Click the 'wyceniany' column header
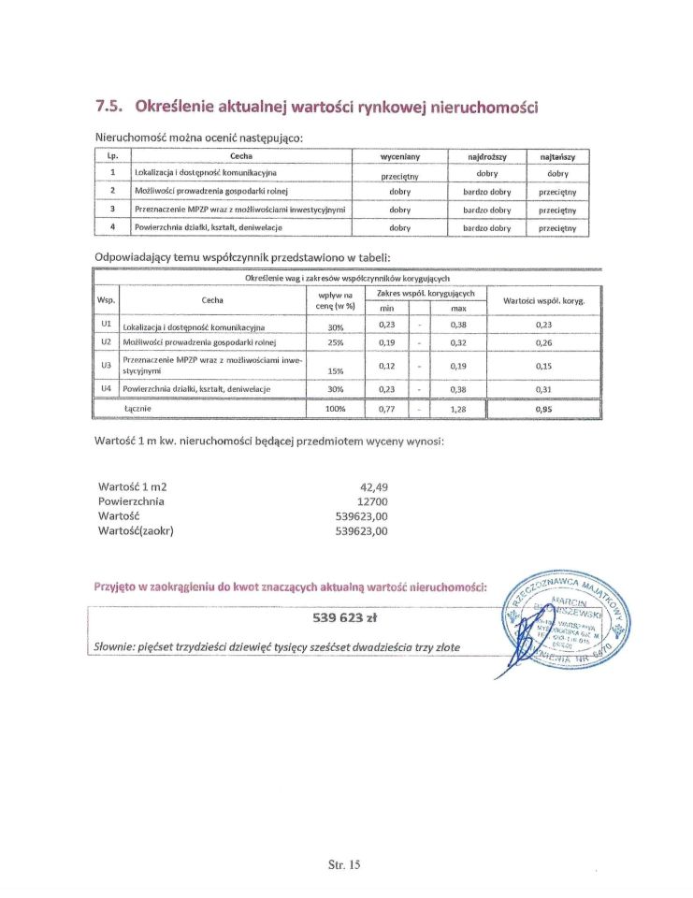(399, 156)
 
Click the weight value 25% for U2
(335, 343)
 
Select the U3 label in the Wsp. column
(106, 364)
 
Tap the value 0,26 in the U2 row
(544, 343)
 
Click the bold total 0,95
(544, 410)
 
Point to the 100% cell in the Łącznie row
(335, 410)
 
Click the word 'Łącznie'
(137, 409)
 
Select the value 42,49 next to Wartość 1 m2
(373, 486)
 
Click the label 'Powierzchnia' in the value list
(131, 501)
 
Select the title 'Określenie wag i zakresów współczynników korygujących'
(348, 279)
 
